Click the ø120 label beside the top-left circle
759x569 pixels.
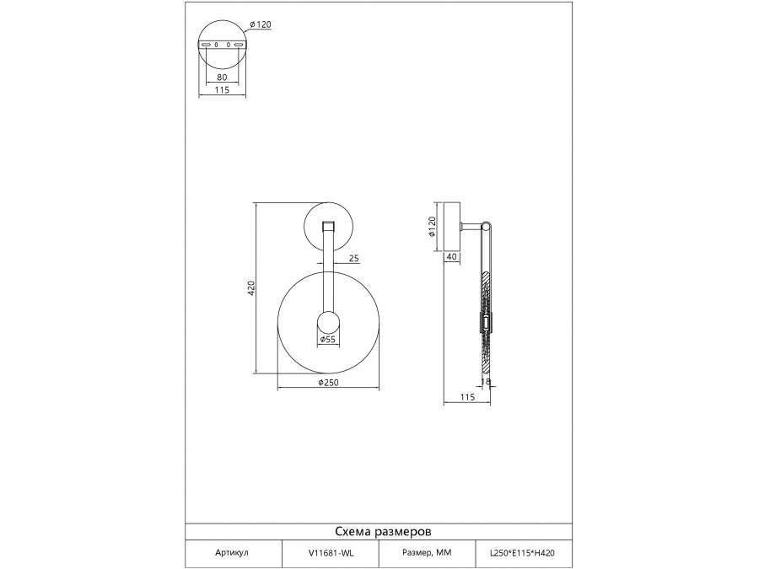(261, 24)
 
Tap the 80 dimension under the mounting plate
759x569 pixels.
(222, 77)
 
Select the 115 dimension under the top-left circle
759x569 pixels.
(222, 90)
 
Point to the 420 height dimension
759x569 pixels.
(250, 288)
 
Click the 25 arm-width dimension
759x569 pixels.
(354, 259)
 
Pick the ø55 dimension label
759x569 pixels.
(327, 340)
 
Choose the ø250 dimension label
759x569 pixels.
(329, 383)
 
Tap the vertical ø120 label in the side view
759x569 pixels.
(433, 227)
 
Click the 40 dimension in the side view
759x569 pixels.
(451, 257)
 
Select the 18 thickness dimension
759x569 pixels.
(486, 382)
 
